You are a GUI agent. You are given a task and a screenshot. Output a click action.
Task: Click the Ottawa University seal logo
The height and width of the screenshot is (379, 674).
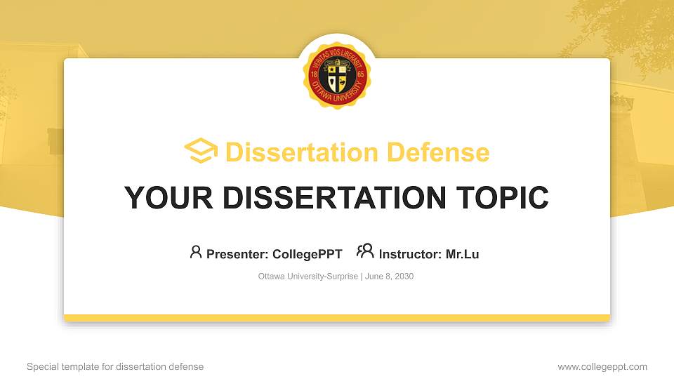tap(337, 74)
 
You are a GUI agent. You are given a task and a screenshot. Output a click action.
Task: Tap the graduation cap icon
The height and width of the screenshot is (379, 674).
tap(201, 152)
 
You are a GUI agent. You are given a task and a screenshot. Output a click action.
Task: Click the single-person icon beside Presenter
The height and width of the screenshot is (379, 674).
tap(196, 252)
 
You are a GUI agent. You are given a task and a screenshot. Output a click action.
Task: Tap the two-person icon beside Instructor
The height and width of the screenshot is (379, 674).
tap(365, 251)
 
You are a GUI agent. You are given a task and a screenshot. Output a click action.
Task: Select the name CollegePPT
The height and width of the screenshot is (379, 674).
tap(307, 254)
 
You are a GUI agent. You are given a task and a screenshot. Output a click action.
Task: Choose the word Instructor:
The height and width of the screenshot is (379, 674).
tap(411, 254)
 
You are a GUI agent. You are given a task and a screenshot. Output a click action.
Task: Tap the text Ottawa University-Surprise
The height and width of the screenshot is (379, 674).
tap(308, 277)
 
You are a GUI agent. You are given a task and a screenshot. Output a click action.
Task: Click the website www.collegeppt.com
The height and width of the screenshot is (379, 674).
tap(602, 366)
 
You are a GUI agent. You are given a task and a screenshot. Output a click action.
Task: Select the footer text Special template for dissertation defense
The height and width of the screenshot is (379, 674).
tap(115, 366)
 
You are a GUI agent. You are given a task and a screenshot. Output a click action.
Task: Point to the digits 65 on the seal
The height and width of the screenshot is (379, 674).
tap(360, 74)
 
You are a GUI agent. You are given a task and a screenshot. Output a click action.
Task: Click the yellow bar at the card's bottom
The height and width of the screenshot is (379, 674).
tap(337, 318)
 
